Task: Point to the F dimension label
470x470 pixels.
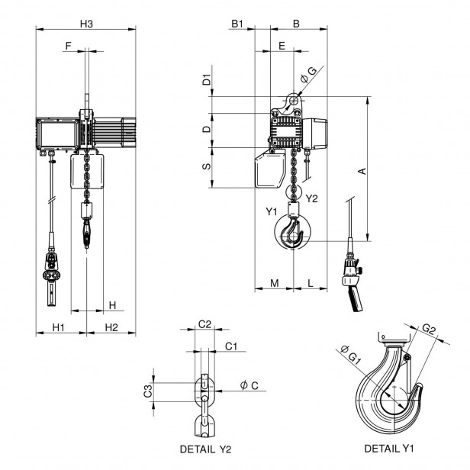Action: point(68,47)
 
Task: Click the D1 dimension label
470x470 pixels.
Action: point(207,79)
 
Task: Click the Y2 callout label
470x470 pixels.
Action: point(311,199)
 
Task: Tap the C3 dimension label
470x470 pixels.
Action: point(149,392)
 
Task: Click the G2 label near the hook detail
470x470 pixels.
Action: point(429,330)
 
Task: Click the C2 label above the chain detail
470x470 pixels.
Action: point(204,324)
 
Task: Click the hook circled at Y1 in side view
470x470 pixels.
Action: point(293,232)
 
